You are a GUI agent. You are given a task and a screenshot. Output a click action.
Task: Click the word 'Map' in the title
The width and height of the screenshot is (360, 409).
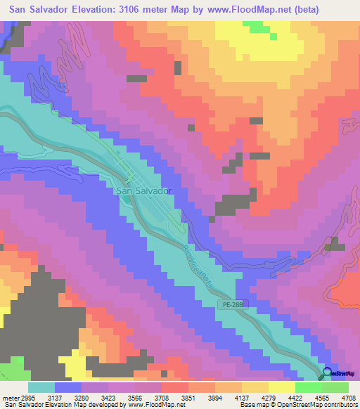pyautogui.click(x=192, y=10)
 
